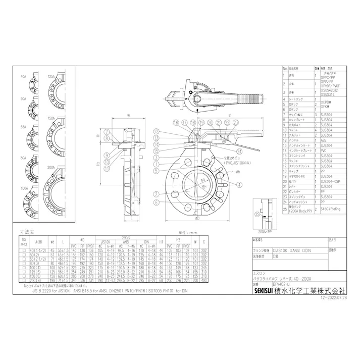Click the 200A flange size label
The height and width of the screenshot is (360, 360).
(x=52, y=166)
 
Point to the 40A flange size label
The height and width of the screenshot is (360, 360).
(x=23, y=76)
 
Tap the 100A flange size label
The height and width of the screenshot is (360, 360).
(x=23, y=188)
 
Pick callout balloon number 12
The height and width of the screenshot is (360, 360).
(x=157, y=132)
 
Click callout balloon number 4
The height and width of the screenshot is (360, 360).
(x=157, y=179)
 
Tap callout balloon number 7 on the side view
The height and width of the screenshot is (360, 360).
(x=108, y=132)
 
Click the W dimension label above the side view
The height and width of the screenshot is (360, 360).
(x=128, y=116)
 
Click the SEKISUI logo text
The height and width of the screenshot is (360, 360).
(x=264, y=291)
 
